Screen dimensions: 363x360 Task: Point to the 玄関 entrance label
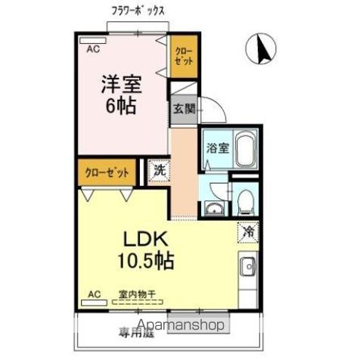click(x=184, y=108)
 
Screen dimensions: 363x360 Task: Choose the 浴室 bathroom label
click(x=218, y=147)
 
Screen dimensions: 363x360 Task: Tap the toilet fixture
click(x=244, y=200)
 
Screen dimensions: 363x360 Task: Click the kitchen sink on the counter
click(x=248, y=267)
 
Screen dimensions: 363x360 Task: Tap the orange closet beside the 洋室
click(x=182, y=57)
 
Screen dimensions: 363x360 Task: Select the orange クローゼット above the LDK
click(x=107, y=172)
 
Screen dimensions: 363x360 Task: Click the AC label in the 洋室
click(x=92, y=48)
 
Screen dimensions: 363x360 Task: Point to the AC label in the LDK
click(x=95, y=293)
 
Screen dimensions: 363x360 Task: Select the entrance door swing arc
click(x=215, y=111)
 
